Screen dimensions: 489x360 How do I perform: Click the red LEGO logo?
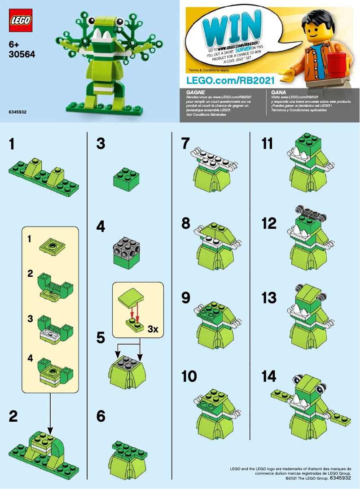click(21, 20)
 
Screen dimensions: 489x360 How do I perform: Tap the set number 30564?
click(22, 54)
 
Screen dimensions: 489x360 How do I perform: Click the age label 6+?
click(15, 44)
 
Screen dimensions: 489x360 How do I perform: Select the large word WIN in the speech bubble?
click(231, 27)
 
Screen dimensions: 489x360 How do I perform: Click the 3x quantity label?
click(153, 329)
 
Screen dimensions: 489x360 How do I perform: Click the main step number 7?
click(186, 144)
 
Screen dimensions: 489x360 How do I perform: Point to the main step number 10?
click(189, 377)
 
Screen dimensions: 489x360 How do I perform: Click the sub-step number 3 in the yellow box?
click(30, 319)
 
